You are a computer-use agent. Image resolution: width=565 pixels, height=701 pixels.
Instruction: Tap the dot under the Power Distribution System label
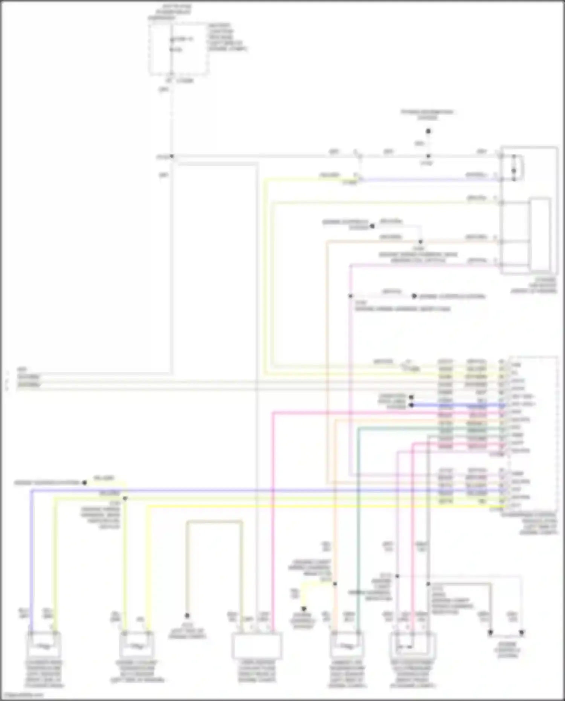tap(428, 131)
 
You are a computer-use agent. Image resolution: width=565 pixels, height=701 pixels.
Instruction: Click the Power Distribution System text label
tap(428, 115)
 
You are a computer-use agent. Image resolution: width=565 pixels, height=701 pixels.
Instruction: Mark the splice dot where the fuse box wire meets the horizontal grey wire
tap(172, 156)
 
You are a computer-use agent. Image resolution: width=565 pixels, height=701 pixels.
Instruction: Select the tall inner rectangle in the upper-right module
tap(540, 234)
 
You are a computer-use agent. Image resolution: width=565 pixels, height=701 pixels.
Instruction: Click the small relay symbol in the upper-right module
tap(514, 168)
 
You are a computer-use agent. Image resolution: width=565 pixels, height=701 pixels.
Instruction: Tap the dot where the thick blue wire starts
tap(411, 405)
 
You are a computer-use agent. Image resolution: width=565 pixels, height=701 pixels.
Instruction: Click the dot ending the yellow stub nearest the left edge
tap(85, 483)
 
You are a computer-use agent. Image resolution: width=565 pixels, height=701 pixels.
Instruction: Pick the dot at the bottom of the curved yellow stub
tap(304, 609)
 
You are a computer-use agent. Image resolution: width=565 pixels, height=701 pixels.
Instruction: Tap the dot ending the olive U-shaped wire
tap(187, 615)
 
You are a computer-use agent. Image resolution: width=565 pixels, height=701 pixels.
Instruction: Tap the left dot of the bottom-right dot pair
tap(490, 632)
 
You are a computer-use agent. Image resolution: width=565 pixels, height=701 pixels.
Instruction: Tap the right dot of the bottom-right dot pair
tap(522, 632)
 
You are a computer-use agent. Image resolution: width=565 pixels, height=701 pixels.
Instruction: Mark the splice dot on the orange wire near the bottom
tap(335, 584)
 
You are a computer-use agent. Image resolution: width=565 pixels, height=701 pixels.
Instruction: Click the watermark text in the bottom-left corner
tap(23, 695)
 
